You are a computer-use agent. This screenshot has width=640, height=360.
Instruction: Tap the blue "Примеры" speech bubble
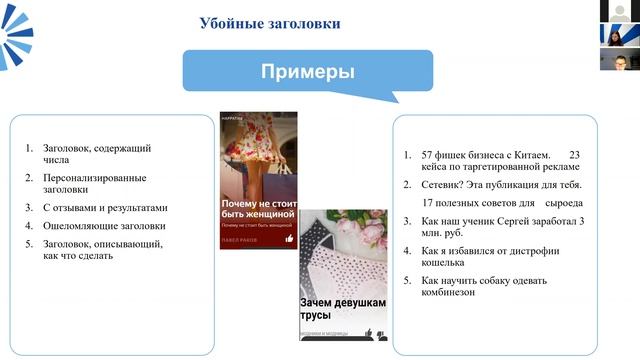pyautogui.click(x=308, y=72)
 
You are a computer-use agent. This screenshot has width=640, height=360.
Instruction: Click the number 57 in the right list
pyautogui.click(x=428, y=155)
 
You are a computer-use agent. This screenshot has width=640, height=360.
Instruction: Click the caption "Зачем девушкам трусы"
pyautogui.click(x=328, y=308)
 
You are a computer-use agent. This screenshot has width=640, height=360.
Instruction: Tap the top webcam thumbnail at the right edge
pyautogui.click(x=620, y=11)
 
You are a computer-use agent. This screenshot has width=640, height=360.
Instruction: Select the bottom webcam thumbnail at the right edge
pyautogui.click(x=620, y=59)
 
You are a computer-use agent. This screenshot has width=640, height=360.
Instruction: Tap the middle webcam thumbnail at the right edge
pyautogui.click(x=620, y=35)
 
